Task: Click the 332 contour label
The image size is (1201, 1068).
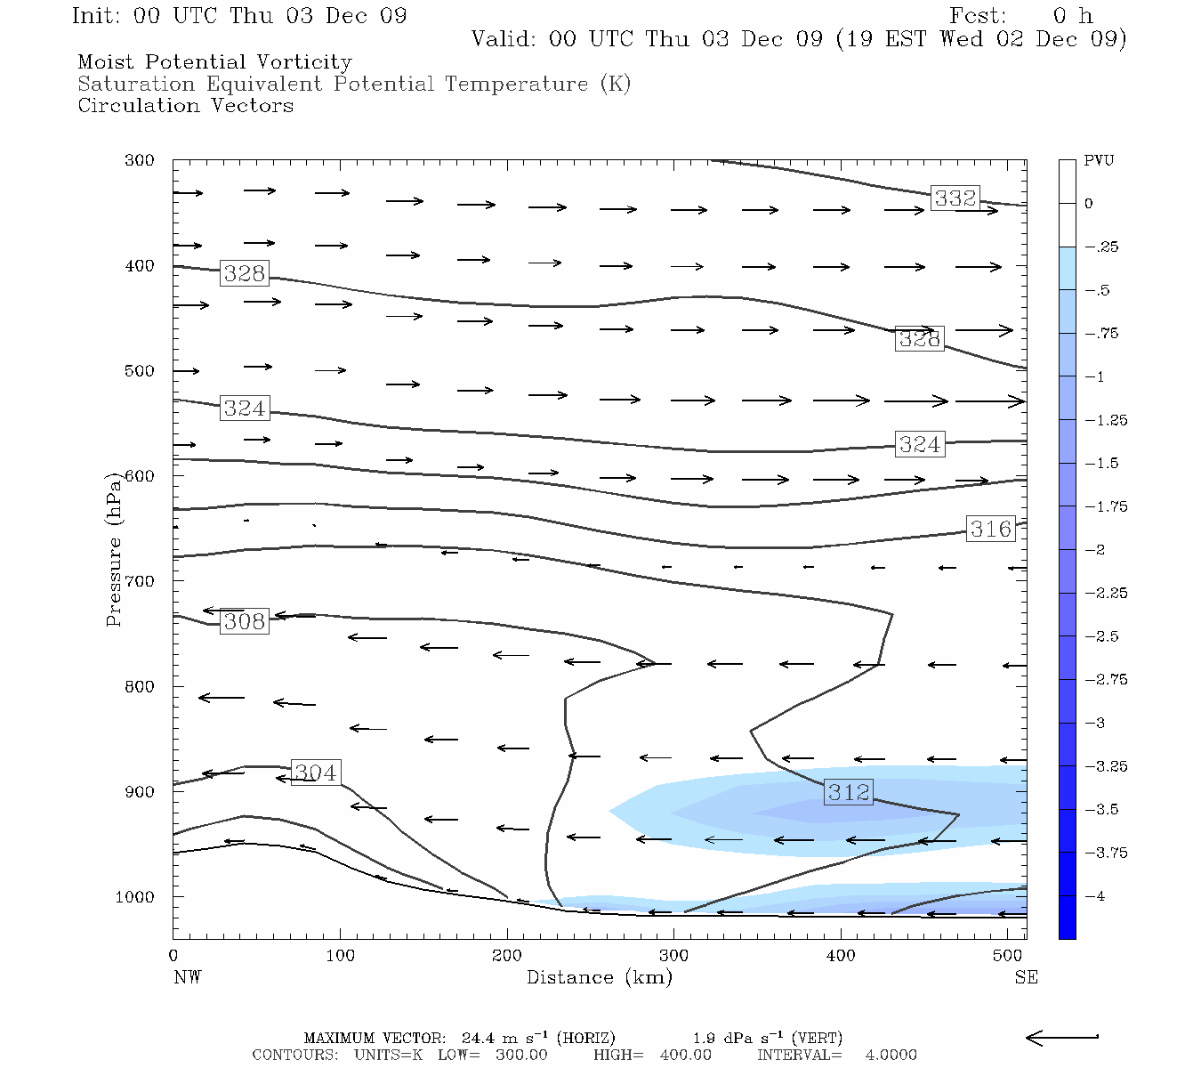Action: [x=955, y=198]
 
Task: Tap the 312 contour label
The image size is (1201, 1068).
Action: [x=849, y=792]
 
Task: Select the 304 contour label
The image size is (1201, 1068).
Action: [x=315, y=773]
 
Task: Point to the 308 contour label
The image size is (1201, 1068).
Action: [x=245, y=621]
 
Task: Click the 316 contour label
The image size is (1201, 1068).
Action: [x=990, y=529]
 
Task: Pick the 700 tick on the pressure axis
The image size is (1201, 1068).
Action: [x=139, y=581]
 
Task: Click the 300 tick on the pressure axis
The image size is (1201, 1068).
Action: [x=139, y=161]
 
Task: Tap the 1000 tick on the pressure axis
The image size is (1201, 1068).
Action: [x=135, y=897]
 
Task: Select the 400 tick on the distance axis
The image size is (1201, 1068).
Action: [x=841, y=956]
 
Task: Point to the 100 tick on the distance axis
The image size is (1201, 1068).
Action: [x=340, y=956]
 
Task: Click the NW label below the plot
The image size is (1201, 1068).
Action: [x=187, y=977]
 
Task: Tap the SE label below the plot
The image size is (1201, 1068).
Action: [x=1026, y=977]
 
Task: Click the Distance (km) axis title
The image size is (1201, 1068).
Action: [x=599, y=977]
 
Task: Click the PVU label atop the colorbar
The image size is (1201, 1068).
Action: [x=1099, y=161]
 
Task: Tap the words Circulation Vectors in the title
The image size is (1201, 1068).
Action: [x=185, y=106]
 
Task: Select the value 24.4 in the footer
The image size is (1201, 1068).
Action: [x=480, y=1038]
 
